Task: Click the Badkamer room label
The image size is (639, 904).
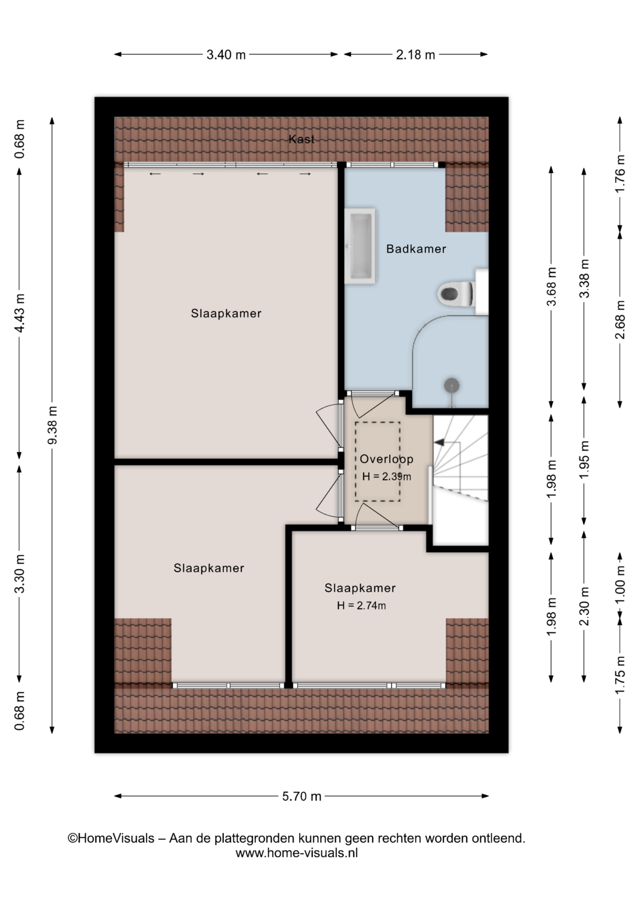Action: coord(416,249)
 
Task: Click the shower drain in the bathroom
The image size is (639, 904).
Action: coord(451,385)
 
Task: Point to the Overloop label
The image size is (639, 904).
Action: coord(386,459)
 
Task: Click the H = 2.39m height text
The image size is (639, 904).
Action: coord(386,476)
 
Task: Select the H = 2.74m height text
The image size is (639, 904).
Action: coord(361,605)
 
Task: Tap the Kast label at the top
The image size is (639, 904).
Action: coord(302,139)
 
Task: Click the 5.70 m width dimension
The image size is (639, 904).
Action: coord(302,796)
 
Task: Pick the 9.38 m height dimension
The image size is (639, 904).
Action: coord(52,425)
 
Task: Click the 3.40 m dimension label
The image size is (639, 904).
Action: coord(226,55)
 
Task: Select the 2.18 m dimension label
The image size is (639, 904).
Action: coord(415,55)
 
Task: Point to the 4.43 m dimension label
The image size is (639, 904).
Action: coord(19,313)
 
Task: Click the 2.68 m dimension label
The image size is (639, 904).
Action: coord(620,320)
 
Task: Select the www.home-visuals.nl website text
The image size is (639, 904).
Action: coord(296,853)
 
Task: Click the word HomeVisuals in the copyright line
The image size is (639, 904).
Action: coord(116,839)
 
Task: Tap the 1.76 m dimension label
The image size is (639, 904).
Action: coord(620,173)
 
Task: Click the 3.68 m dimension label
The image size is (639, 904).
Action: coord(551,287)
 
